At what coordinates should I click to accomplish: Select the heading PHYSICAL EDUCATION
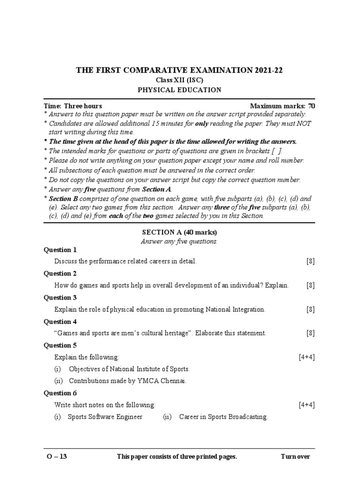[180, 90]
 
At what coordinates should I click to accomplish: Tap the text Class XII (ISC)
[180, 80]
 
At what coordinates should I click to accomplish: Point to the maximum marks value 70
[311, 106]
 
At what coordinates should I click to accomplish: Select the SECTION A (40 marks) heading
[180, 232]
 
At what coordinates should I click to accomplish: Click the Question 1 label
[60, 249]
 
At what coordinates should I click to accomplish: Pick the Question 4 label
[60, 322]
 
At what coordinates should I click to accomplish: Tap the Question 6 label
[60, 393]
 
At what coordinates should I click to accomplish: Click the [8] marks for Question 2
[310, 285]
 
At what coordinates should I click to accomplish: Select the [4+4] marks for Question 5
[307, 357]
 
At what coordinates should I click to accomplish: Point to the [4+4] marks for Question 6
[307, 405]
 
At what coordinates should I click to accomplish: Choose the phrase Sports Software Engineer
[105, 416]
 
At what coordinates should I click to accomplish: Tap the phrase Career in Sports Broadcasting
[223, 416]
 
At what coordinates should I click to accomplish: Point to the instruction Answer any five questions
[180, 241]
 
